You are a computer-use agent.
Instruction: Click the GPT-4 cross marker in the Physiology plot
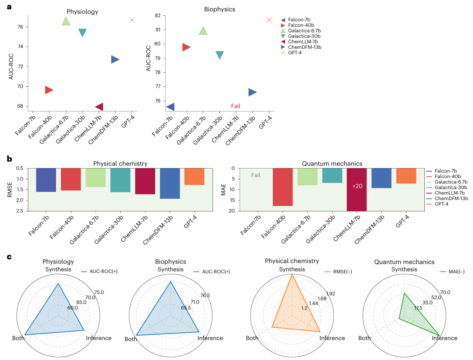[x=132, y=20]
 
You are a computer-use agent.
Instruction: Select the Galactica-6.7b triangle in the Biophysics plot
[x=203, y=31]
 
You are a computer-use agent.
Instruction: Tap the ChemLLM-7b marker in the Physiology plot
[x=99, y=106]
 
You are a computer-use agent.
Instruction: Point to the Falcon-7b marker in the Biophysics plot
[x=170, y=106]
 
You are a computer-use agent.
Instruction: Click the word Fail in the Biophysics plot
[x=236, y=106]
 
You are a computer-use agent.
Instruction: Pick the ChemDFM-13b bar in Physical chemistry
[x=170, y=184]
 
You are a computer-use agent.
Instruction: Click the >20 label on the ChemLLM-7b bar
[x=357, y=186]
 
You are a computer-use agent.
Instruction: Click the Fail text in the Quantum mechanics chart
[x=256, y=175]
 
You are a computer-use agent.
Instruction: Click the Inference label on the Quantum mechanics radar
[x=445, y=338]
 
